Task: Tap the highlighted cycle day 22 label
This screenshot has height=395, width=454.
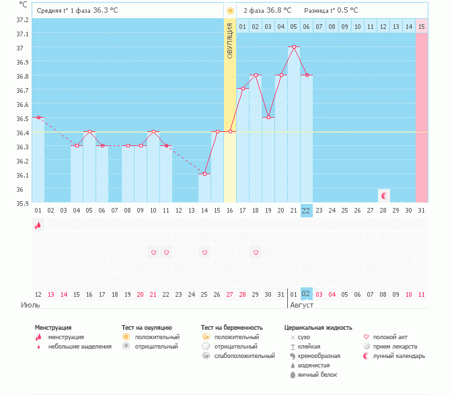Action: click(x=306, y=210)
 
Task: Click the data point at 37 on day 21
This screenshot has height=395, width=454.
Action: click(x=293, y=47)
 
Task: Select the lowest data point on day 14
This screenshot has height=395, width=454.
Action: click(x=204, y=174)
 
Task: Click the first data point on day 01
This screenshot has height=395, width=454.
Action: click(x=38, y=117)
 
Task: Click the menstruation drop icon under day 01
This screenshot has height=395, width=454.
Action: click(x=38, y=225)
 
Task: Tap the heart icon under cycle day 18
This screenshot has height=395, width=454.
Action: click(x=256, y=252)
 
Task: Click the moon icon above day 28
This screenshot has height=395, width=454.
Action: click(x=383, y=196)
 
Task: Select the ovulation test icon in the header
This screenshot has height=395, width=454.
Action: click(x=230, y=11)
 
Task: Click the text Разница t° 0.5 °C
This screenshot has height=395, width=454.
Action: click(x=331, y=11)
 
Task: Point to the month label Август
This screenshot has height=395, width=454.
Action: click(x=301, y=305)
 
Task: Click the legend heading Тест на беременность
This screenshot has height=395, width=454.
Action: click(x=231, y=328)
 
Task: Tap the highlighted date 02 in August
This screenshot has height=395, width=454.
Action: click(x=306, y=294)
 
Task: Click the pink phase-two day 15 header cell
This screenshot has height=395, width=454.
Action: click(x=421, y=26)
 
